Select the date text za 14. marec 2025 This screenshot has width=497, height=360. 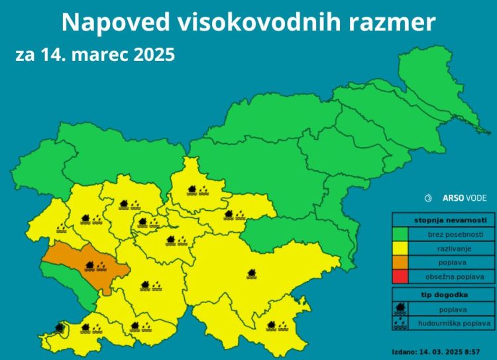click(95, 54)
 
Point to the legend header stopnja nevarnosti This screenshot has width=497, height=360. click(443, 220)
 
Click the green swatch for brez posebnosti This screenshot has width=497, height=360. click(400, 235)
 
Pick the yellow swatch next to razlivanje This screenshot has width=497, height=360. click(400, 249)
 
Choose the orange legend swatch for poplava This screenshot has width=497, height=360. click(400, 263)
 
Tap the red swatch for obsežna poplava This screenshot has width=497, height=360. click(400, 276)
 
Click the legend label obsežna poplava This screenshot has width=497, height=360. click(451, 276)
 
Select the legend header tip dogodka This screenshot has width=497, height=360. click(443, 294)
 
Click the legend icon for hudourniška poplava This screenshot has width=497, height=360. click(400, 324)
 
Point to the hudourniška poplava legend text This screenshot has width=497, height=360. click(451, 324)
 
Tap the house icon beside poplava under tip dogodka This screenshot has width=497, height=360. click(400, 309)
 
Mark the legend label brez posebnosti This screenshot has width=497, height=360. click(451, 235)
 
